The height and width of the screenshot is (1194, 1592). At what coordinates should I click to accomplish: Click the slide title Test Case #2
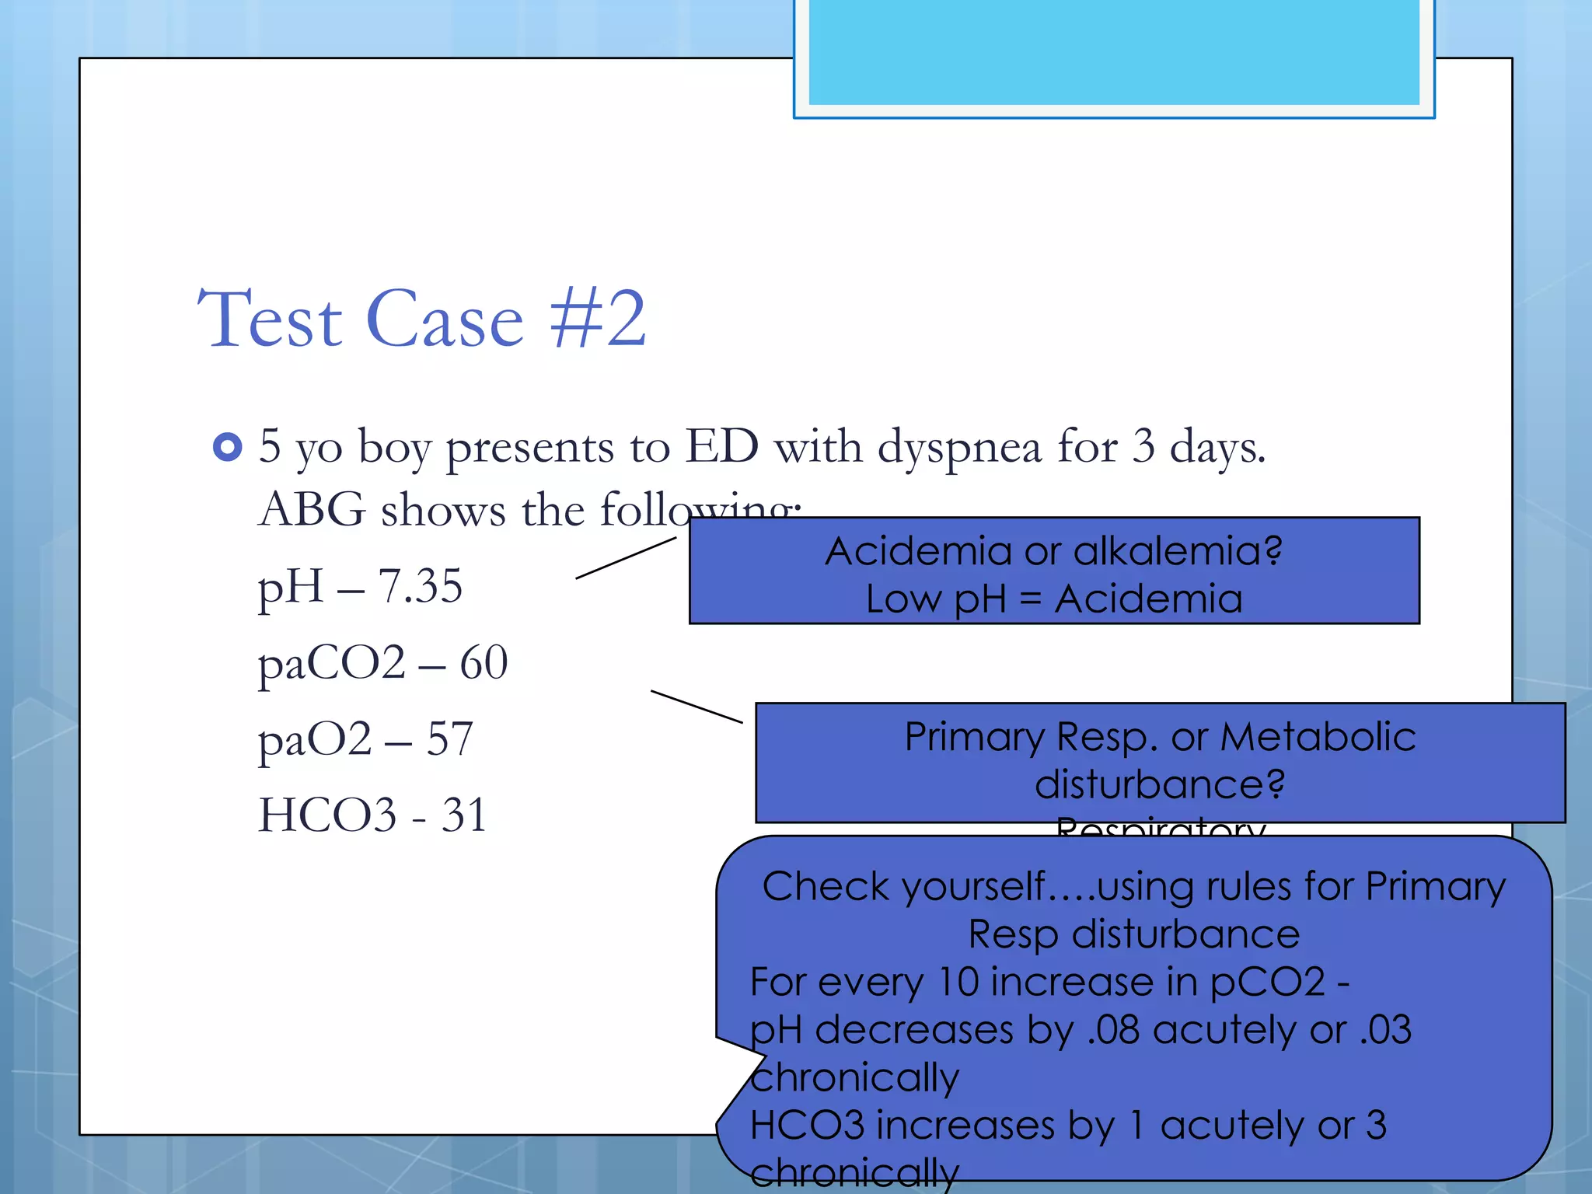[x=421, y=319]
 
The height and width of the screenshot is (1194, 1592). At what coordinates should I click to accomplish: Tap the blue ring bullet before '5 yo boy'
[x=227, y=447]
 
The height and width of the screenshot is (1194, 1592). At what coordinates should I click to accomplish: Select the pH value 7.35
[x=420, y=586]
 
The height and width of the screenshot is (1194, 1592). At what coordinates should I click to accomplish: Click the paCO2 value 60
[x=484, y=663]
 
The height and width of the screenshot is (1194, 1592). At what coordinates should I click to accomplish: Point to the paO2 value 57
[x=449, y=738]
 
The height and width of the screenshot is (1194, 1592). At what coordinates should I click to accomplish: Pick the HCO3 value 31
[x=464, y=815]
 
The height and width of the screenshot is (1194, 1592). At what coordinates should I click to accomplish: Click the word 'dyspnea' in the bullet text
[x=959, y=449]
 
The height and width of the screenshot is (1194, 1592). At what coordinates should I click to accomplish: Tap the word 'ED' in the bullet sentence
[x=721, y=446]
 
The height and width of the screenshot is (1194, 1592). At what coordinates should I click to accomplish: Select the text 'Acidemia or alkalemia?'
[x=1053, y=551]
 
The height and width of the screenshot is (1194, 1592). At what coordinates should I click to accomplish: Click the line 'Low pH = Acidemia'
[x=1053, y=599]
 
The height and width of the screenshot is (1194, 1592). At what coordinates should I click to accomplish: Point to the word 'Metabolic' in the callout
[x=1318, y=736]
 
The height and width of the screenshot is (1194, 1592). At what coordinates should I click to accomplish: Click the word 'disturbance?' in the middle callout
[x=1159, y=784]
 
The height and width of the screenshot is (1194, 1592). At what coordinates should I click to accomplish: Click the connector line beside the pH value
[x=626, y=558]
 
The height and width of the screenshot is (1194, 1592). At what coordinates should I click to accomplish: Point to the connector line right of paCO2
[x=696, y=707]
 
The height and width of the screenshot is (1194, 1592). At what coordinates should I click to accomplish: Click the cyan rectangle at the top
[x=1113, y=51]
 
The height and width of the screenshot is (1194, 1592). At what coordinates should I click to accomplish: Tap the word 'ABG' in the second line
[x=312, y=511]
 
